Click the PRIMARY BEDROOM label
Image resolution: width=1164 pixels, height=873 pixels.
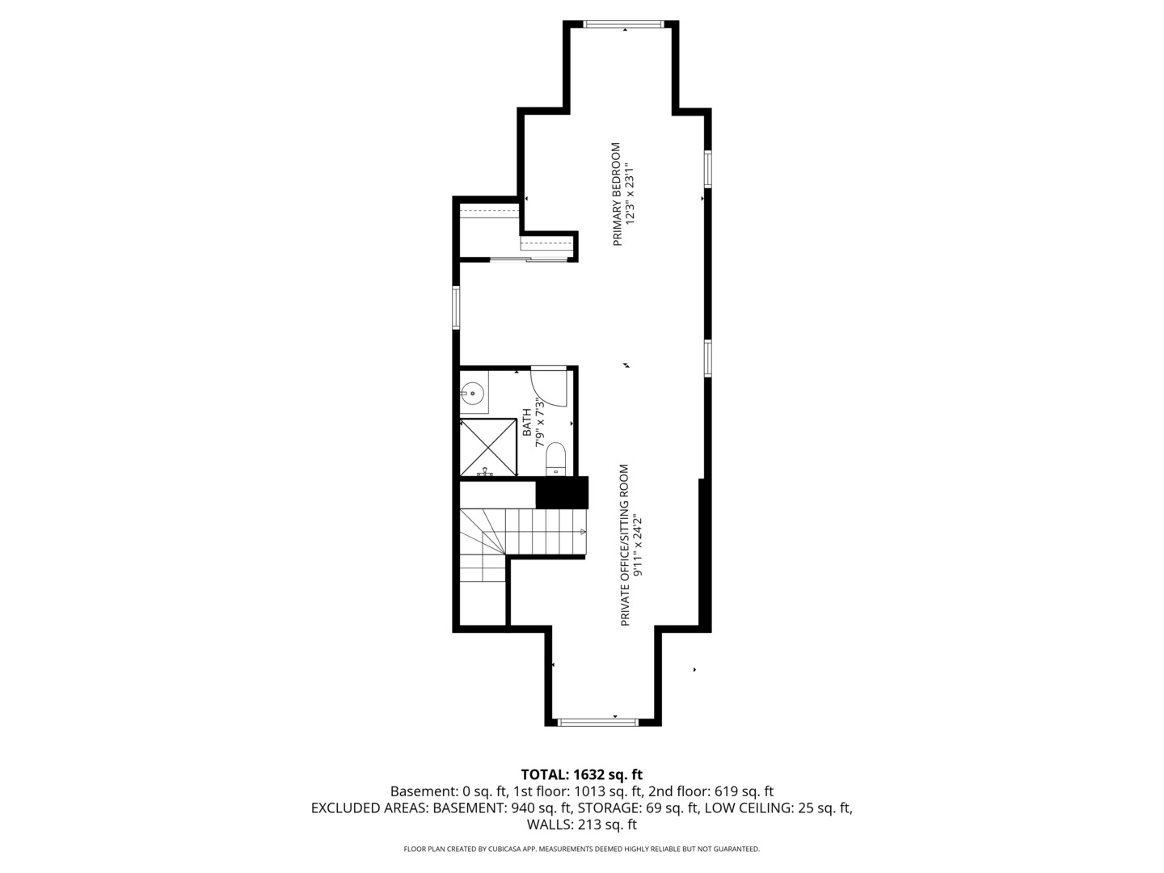pyautogui.click(x=616, y=194)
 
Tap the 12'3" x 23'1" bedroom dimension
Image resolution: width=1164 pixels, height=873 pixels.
pyautogui.click(x=630, y=194)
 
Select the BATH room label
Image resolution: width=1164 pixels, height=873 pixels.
pyautogui.click(x=527, y=422)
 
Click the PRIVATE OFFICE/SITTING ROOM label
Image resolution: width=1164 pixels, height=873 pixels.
pyautogui.click(x=624, y=545)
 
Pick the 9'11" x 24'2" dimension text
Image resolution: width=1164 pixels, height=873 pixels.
pyautogui.click(x=639, y=546)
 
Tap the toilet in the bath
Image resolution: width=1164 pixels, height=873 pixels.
pyautogui.click(x=555, y=458)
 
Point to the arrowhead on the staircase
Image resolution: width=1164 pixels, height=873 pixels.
pyautogui.click(x=583, y=531)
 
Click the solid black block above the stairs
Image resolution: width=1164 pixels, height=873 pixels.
pyautogui.click(x=562, y=493)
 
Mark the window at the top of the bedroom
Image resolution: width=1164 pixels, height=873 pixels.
pyautogui.click(x=626, y=23)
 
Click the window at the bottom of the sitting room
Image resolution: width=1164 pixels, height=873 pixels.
pyautogui.click(x=598, y=721)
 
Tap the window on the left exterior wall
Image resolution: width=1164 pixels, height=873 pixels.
pyautogui.click(x=456, y=307)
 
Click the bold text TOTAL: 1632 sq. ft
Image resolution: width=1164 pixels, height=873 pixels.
pyautogui.click(x=582, y=775)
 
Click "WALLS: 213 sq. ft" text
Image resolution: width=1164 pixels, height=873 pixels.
pyautogui.click(x=582, y=824)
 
